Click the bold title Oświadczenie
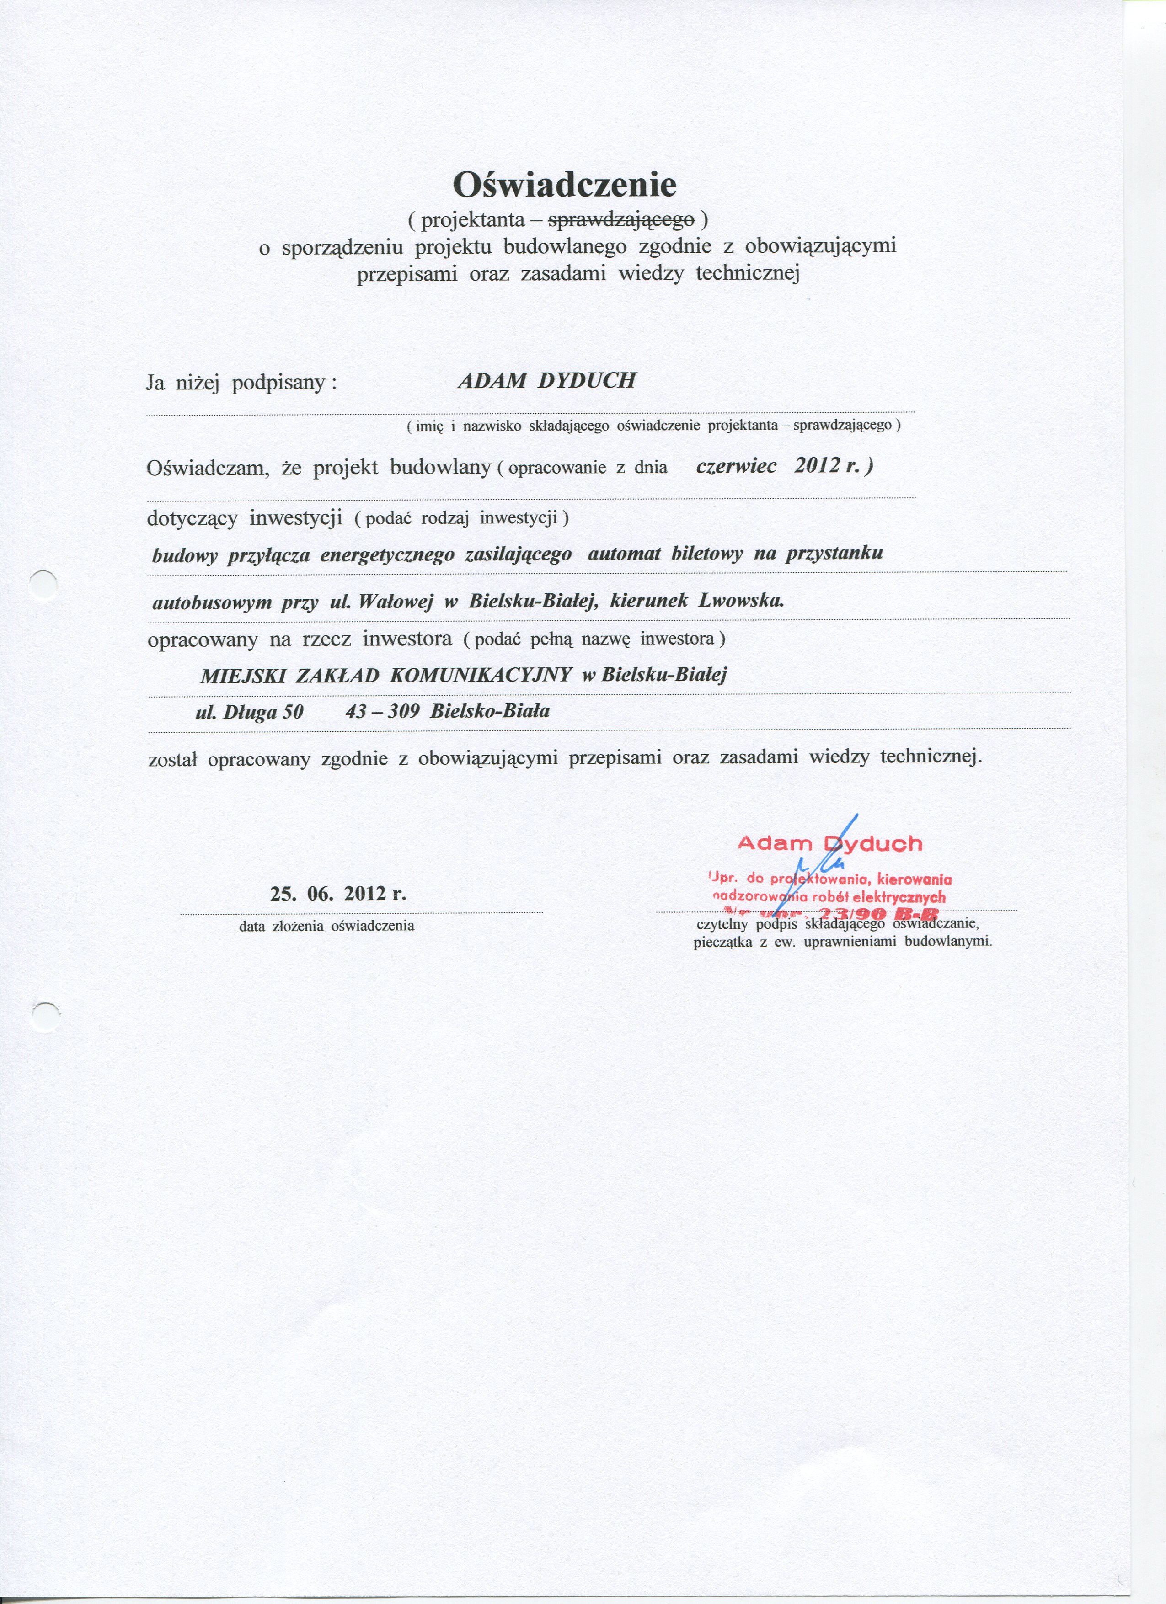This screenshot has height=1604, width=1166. click(565, 185)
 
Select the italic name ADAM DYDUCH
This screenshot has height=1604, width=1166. click(546, 381)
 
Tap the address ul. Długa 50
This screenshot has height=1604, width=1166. click(249, 711)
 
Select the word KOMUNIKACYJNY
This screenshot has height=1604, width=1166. click(481, 676)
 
